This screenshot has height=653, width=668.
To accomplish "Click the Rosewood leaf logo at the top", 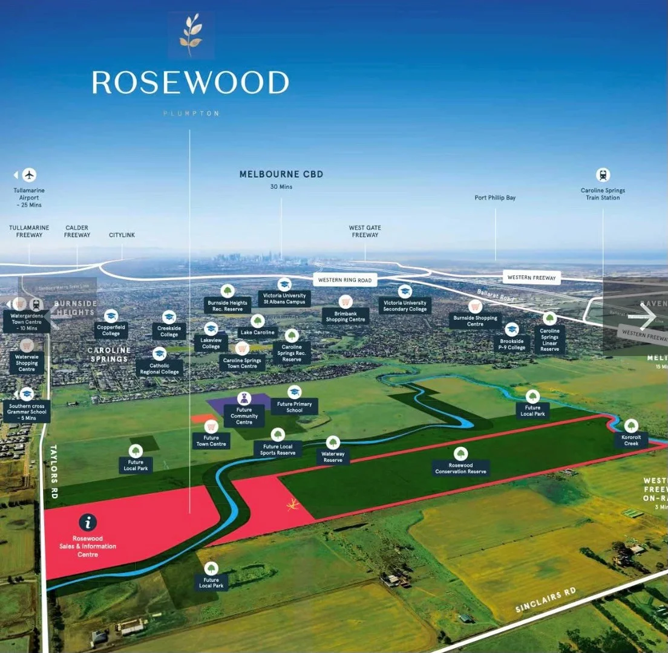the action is coord(191,34).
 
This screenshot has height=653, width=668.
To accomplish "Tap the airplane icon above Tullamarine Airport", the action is coord(29,175).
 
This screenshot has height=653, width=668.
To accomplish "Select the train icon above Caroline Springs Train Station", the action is coord(603,175).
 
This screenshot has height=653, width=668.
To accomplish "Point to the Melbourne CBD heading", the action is coord(281,174).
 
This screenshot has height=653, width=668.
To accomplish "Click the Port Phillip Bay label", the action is coord(495,198).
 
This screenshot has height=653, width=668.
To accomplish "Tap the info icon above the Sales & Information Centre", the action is coord(88,522).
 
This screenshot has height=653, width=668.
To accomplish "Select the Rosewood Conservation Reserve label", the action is coord(460,469).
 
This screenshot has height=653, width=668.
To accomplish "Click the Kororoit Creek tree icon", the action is coord(631,426).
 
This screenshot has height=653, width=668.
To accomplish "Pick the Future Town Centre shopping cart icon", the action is coord(211,426).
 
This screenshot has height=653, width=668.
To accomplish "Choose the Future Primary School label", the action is coord(294,407).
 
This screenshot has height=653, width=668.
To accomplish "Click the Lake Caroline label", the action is coord(258,333).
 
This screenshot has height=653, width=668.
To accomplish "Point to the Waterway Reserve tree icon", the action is coord(333,443).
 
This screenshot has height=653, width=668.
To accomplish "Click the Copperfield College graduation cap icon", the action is coord(111,316).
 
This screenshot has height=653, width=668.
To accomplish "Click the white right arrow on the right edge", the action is coord(647,317).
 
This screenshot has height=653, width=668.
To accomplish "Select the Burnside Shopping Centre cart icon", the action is coord(475,306).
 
